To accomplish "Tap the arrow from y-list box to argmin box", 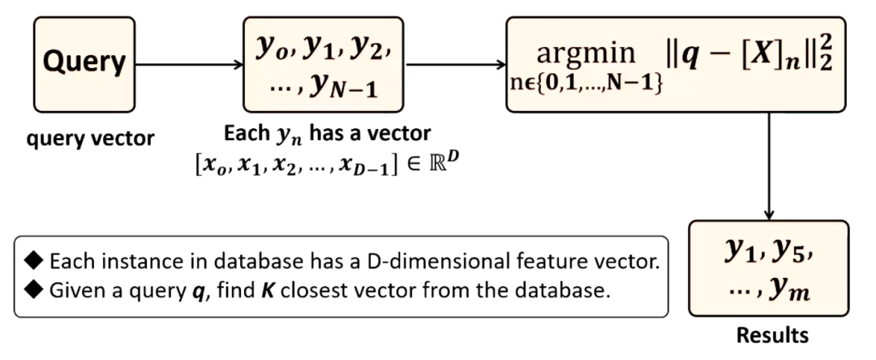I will click(453, 62).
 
